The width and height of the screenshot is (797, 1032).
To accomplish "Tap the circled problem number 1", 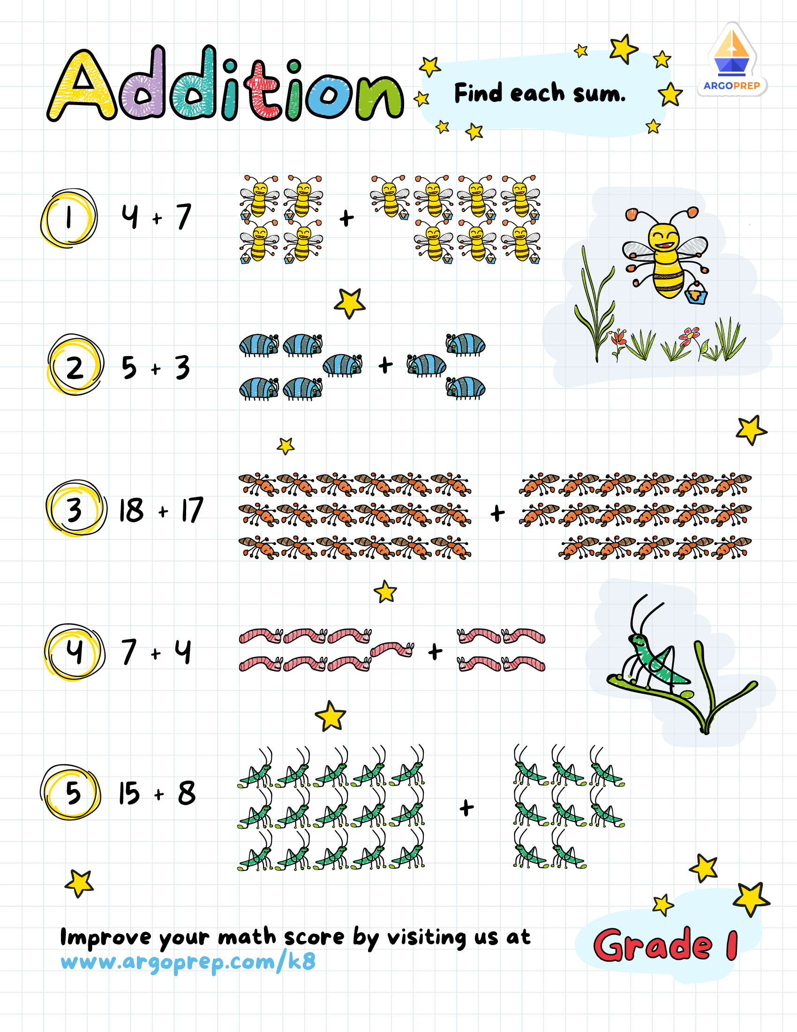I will (x=69, y=218).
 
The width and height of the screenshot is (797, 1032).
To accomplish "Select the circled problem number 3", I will (x=75, y=509).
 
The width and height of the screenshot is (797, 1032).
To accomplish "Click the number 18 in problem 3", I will (x=131, y=510).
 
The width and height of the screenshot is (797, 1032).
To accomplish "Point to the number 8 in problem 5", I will (x=187, y=793).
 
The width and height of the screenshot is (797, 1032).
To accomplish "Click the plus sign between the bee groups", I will (x=346, y=218).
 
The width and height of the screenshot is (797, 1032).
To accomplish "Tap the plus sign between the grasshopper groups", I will (x=466, y=808).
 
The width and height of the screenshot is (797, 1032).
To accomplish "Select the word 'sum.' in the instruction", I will (x=599, y=94).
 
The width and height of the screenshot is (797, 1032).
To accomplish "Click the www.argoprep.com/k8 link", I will (x=188, y=962).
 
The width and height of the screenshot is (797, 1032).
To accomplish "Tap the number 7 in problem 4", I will (x=128, y=652).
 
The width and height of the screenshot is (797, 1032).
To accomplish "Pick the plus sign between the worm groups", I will (x=435, y=652).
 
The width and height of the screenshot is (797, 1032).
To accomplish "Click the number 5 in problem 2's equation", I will (x=129, y=367).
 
